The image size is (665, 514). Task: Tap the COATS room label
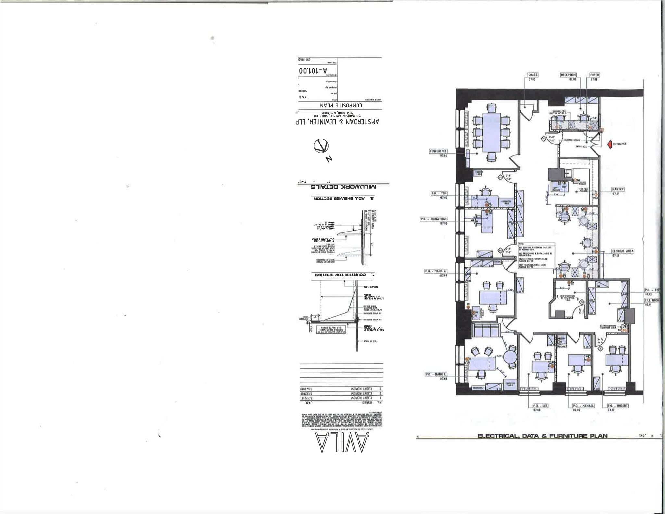(533, 75)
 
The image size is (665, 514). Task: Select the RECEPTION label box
(568, 75)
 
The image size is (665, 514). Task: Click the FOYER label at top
(595, 75)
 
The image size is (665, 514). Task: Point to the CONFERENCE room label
(438, 151)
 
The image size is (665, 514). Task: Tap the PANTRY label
(618, 189)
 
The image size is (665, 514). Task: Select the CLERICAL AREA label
(623, 251)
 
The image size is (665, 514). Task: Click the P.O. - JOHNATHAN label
(434, 219)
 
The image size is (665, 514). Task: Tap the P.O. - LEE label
(540, 406)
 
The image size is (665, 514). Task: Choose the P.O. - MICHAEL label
(583, 406)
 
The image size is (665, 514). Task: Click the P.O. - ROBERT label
(618, 406)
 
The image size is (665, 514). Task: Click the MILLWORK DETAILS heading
(343, 187)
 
